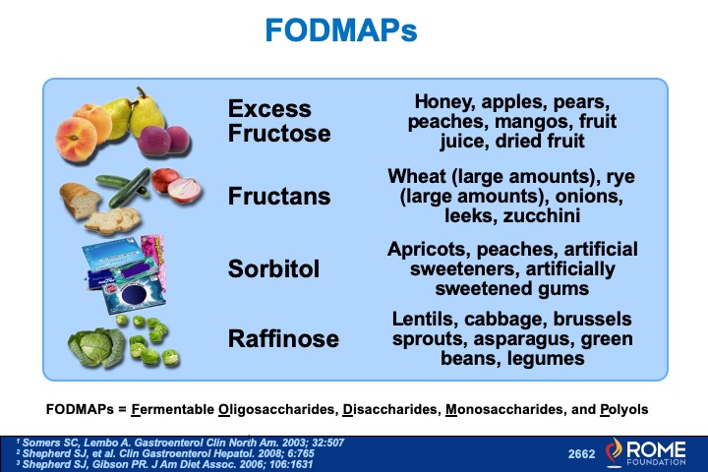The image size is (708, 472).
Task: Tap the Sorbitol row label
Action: click(x=273, y=267)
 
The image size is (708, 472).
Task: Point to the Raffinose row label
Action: click(x=283, y=339)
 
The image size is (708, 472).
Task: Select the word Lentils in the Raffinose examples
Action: click(x=425, y=321)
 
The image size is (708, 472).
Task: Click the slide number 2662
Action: click(x=582, y=453)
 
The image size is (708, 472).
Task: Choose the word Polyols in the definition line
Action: click(x=620, y=408)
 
